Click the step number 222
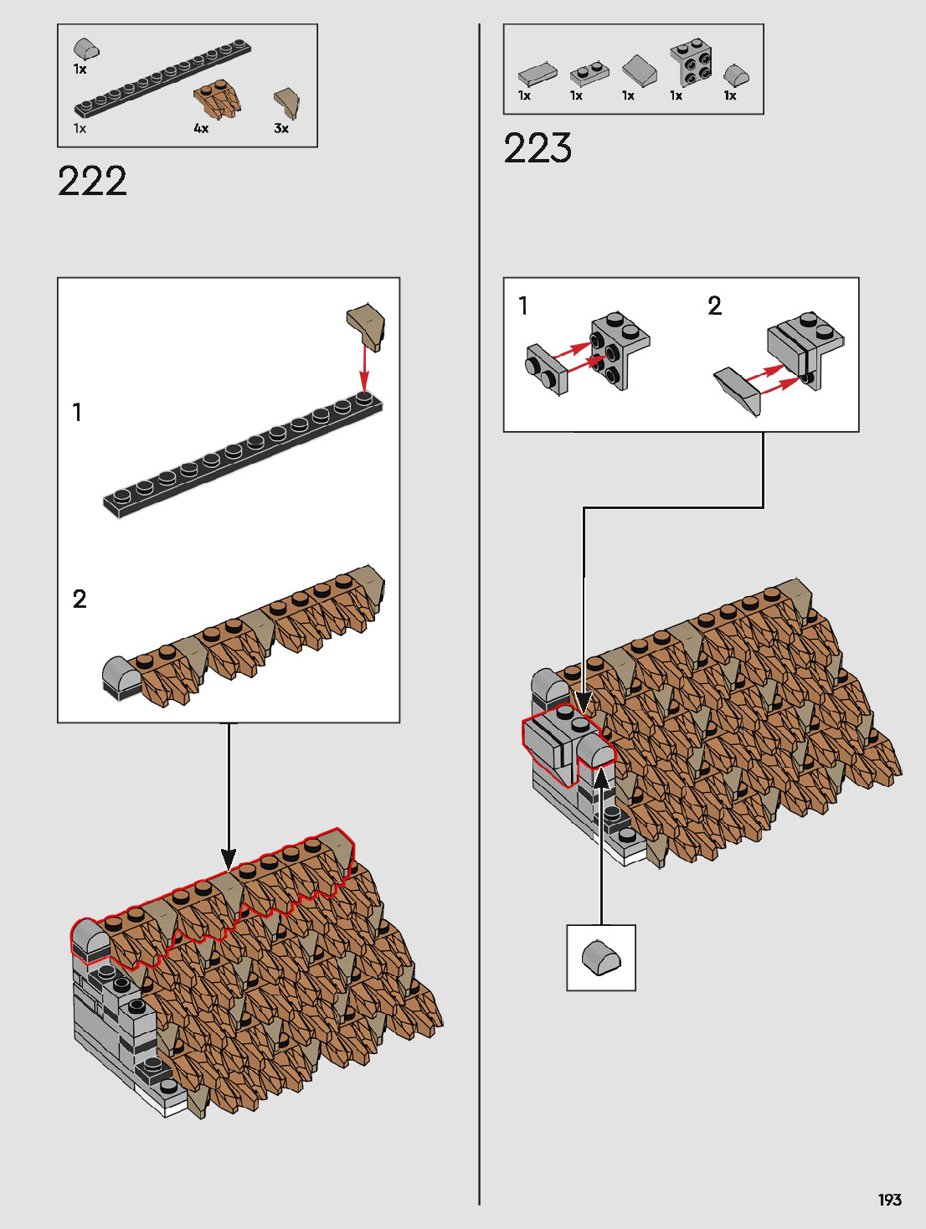coord(92,181)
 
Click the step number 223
coord(538,148)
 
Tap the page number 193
coord(890,1200)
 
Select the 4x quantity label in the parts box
coord(201,129)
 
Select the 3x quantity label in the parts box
coord(281,129)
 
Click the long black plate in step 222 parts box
coord(163,79)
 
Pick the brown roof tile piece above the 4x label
coord(217,99)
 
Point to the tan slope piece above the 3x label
coord(286,102)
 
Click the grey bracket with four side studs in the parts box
coord(691,62)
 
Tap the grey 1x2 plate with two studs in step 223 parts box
coord(589,74)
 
